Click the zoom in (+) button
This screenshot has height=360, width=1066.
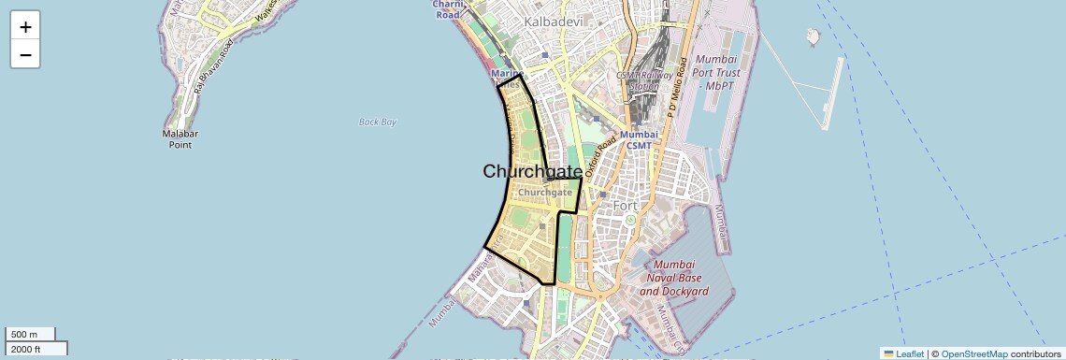tap(25, 27)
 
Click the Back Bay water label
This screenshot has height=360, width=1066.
tap(378, 122)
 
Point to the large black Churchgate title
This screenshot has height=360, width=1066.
tap(532, 171)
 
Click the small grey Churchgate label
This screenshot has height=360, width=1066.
tap(544, 193)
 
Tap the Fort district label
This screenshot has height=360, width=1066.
tap(624, 205)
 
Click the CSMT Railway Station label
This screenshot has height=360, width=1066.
tap(639, 80)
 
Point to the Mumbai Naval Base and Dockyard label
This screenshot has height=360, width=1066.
tap(673, 278)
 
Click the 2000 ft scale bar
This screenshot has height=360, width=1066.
tap(36, 349)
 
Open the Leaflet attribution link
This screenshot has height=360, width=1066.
tap(903, 353)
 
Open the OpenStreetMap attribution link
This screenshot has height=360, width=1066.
tap(973, 353)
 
